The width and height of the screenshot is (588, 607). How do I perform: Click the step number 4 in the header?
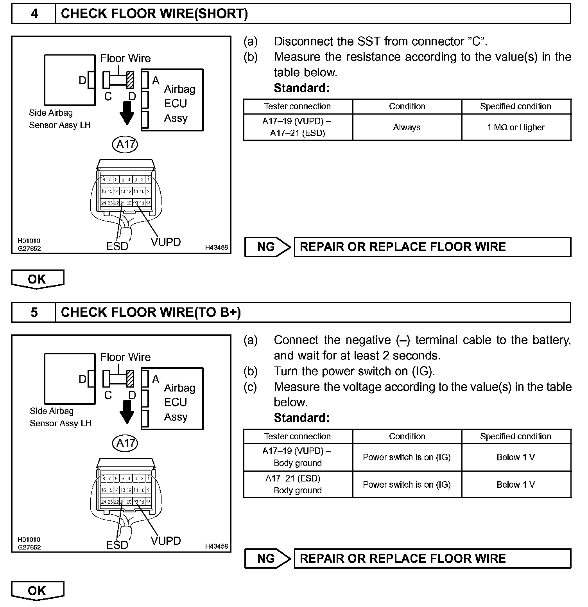[34, 14]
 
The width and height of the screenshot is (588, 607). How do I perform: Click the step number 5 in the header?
[34, 312]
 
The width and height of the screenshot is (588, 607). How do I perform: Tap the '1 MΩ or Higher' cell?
[516, 128]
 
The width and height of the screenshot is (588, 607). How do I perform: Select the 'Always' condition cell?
[407, 128]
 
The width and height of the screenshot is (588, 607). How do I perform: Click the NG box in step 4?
[267, 247]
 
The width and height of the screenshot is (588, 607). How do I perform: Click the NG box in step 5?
[267, 559]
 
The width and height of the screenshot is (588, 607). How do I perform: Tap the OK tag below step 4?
[37, 279]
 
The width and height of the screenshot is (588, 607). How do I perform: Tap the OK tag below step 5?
[37, 591]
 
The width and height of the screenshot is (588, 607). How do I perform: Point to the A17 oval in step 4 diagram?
[125, 144]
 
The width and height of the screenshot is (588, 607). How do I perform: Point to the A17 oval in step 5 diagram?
[125, 443]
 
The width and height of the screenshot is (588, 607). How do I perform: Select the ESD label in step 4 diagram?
[117, 246]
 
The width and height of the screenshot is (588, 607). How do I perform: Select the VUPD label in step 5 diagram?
[166, 541]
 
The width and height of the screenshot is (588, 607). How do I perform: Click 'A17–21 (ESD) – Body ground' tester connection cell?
[298, 484]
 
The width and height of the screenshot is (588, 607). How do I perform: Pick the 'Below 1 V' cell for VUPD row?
[516, 457]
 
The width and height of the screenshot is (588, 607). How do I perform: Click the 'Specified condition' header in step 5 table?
[516, 436]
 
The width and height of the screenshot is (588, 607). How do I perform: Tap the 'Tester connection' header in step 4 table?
[298, 106]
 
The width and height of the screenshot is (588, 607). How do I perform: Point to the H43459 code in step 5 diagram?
[217, 546]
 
